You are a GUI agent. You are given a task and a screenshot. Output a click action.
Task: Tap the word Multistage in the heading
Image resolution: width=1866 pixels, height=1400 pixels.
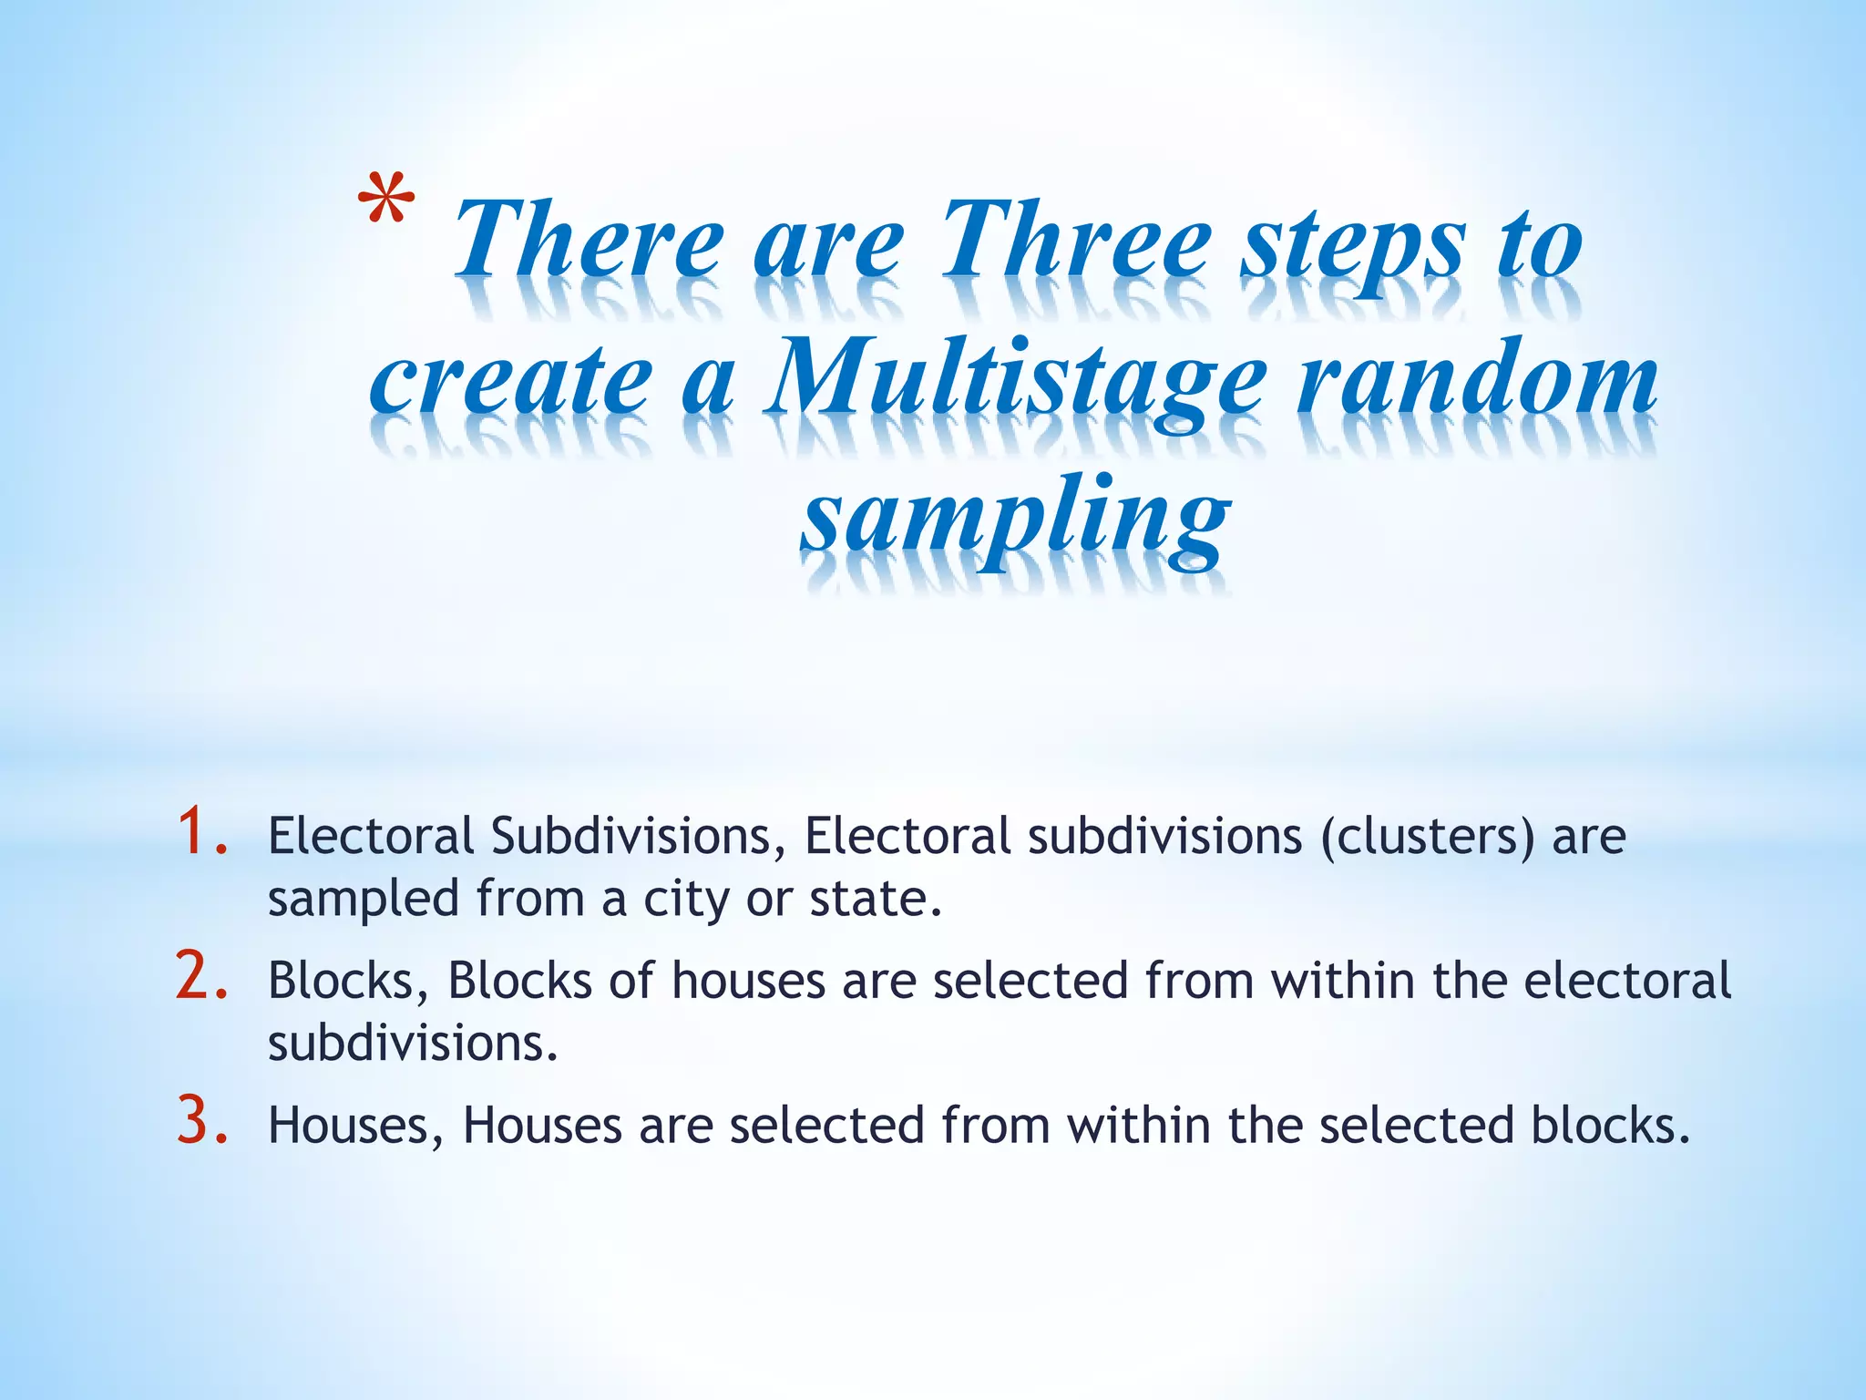point(1013,383)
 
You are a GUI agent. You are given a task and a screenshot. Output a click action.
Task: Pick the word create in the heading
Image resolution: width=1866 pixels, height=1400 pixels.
point(510,383)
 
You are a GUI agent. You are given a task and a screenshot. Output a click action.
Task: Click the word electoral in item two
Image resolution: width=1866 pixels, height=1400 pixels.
point(1627,981)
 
